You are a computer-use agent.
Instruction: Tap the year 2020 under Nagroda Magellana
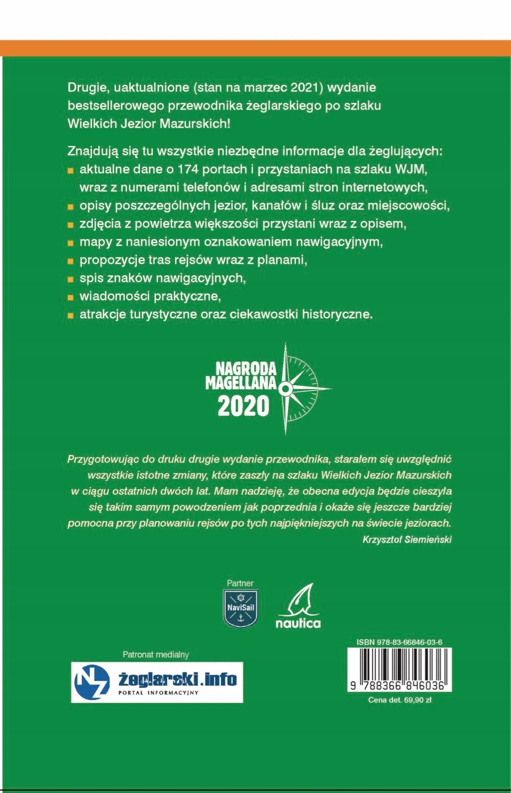(243, 407)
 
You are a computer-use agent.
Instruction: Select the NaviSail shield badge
(240, 608)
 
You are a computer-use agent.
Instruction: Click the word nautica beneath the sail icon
(298, 623)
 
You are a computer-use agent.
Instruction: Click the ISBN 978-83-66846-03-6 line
(399, 642)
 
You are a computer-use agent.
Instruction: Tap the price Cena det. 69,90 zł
(399, 700)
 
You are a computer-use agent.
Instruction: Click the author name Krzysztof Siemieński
(407, 540)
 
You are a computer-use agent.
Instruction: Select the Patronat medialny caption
(155, 654)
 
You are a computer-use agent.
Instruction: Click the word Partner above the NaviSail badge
(240, 583)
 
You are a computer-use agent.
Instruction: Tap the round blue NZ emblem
(91, 682)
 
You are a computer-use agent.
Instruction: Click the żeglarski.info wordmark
(177, 679)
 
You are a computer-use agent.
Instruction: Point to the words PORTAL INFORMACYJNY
(158, 693)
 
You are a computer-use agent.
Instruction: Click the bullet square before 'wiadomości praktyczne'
(70, 297)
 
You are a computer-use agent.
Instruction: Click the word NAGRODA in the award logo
(246, 368)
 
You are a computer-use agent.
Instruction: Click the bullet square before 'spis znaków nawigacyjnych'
(70, 279)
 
